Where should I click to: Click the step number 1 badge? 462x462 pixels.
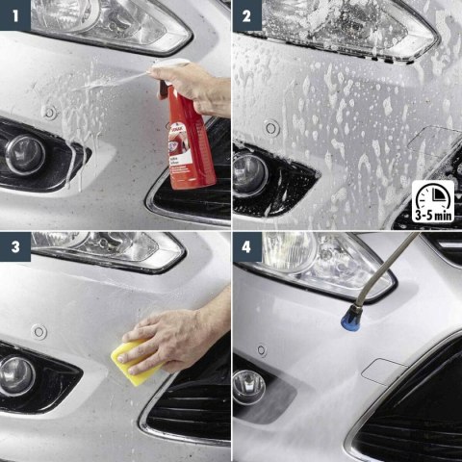[x=14, y=14]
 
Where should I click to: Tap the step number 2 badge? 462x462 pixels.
[x=246, y=14]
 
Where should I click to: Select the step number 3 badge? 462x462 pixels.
[x=14, y=247]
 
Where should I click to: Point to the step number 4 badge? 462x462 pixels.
[x=246, y=247]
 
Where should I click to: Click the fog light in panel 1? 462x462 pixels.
[x=25, y=155]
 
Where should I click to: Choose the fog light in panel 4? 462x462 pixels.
[x=248, y=387]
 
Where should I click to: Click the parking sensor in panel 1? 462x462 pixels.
[x=49, y=112]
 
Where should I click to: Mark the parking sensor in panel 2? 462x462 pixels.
[x=272, y=127]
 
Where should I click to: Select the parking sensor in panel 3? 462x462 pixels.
[x=39, y=332]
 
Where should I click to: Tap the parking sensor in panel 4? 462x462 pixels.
[x=261, y=350]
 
